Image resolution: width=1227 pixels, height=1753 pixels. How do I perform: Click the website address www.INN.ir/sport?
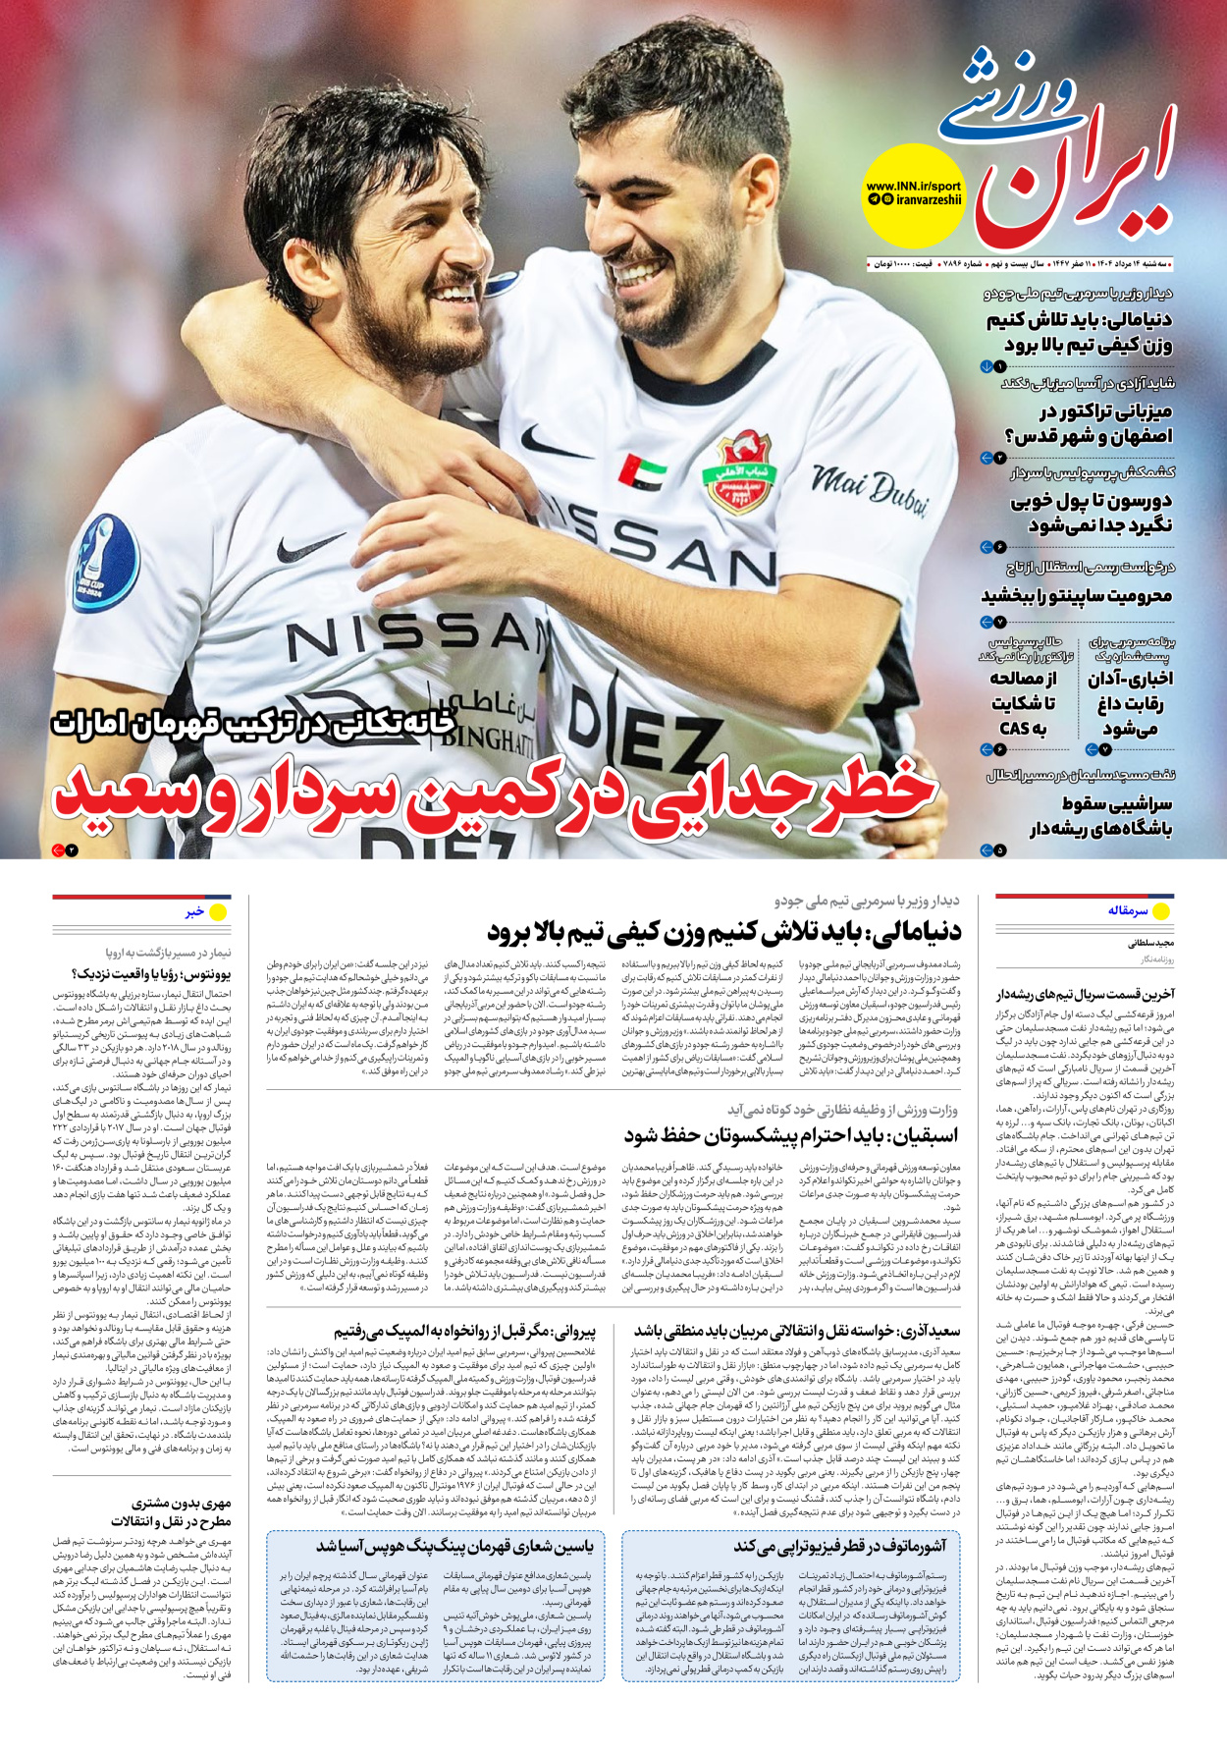(913, 186)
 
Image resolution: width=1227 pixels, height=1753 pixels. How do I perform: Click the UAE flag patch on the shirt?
(642, 471)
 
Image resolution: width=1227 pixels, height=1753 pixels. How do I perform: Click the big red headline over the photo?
(496, 792)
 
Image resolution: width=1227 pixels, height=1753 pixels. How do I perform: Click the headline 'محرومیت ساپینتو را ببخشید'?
(1077, 596)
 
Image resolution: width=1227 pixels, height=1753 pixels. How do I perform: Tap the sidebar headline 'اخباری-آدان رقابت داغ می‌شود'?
(1130, 703)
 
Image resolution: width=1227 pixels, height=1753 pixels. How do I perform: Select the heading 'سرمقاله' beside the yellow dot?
(1128, 911)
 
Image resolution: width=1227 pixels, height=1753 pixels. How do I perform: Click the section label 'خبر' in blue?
(194, 912)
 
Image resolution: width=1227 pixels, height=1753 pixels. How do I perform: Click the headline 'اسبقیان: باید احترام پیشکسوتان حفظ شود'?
(790, 1136)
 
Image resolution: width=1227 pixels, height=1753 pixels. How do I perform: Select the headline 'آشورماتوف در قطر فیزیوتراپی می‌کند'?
(840, 1547)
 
